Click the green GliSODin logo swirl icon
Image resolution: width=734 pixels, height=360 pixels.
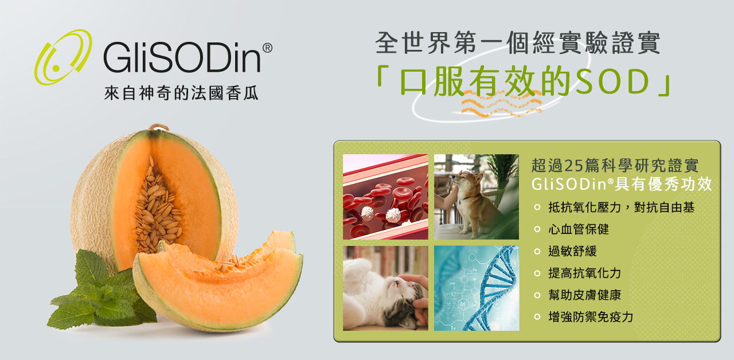pyautogui.click(x=63, y=57)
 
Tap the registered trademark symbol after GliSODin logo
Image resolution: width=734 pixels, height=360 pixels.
pyautogui.click(x=267, y=48)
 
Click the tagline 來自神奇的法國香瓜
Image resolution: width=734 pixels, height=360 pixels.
pyautogui.click(x=181, y=93)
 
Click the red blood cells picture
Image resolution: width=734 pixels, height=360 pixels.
pyautogui.click(x=385, y=197)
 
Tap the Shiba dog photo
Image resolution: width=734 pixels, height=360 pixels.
pyautogui.click(x=476, y=197)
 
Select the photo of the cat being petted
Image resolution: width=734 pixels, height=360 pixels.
pyautogui.click(x=385, y=288)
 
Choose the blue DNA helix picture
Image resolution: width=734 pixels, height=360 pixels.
pyautogui.click(x=476, y=288)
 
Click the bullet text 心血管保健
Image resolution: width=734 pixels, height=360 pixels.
pyautogui.click(x=579, y=229)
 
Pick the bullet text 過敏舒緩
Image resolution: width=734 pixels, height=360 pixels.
pyautogui.click(x=572, y=251)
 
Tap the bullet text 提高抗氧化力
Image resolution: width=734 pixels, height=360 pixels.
pyautogui.click(x=584, y=273)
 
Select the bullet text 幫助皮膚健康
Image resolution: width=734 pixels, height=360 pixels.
pyautogui.click(x=584, y=295)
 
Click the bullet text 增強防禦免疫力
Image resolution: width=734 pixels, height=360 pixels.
pyautogui.click(x=591, y=317)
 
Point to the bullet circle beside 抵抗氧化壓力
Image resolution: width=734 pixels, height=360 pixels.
pyautogui.click(x=537, y=208)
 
